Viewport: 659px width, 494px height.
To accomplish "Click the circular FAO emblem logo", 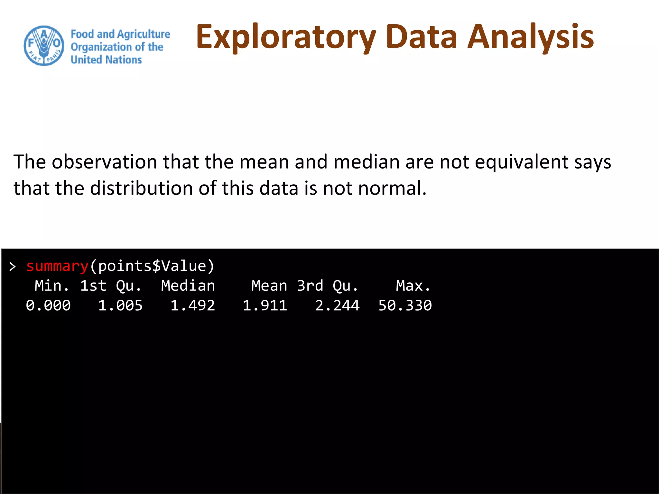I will (x=44, y=46).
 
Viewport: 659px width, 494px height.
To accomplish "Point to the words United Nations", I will (x=106, y=60).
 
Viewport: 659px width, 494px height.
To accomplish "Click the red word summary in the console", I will (x=57, y=266).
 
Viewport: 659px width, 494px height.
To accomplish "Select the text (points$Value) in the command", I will (x=152, y=266).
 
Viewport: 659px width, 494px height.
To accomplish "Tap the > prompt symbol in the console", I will (x=13, y=267).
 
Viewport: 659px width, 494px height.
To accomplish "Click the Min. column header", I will (x=52, y=286).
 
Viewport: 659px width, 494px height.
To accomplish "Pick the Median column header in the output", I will (x=188, y=286).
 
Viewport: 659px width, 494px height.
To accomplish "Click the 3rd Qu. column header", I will (x=327, y=286).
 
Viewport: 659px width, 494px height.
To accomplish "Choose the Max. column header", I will (x=413, y=286).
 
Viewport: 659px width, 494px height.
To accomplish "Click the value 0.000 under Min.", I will (x=48, y=305).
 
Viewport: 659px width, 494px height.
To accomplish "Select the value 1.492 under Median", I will (x=192, y=305).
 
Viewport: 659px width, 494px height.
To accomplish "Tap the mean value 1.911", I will (x=265, y=305).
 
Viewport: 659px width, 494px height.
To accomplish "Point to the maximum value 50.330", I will (x=405, y=305).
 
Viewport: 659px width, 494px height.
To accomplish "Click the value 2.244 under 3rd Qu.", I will (x=337, y=305).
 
